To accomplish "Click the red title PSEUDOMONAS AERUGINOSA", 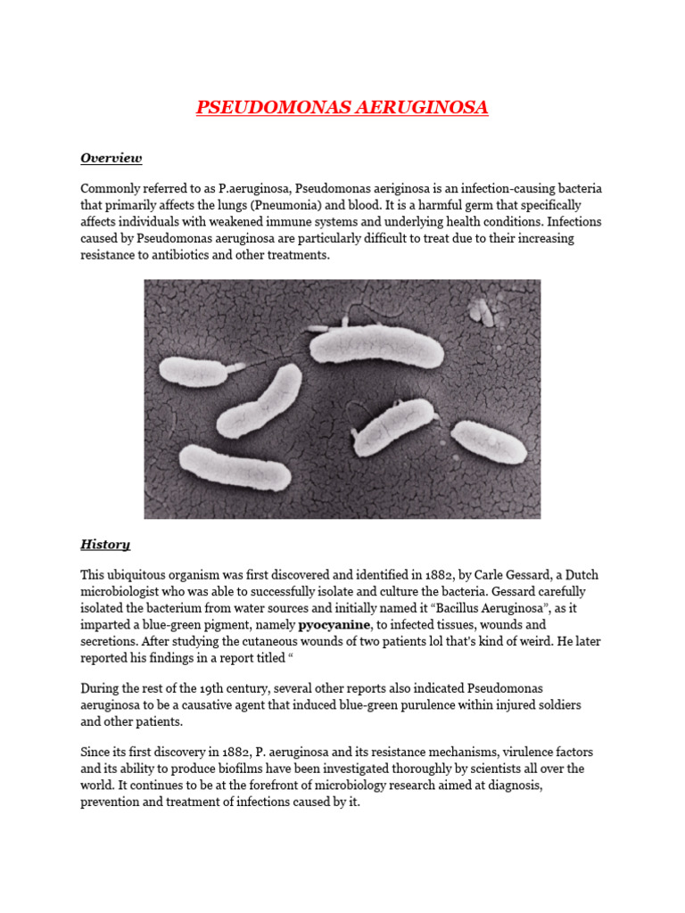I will (342, 108).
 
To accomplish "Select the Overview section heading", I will (111, 158).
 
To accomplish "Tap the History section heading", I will (105, 544).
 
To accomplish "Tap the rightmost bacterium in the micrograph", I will (489, 443).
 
